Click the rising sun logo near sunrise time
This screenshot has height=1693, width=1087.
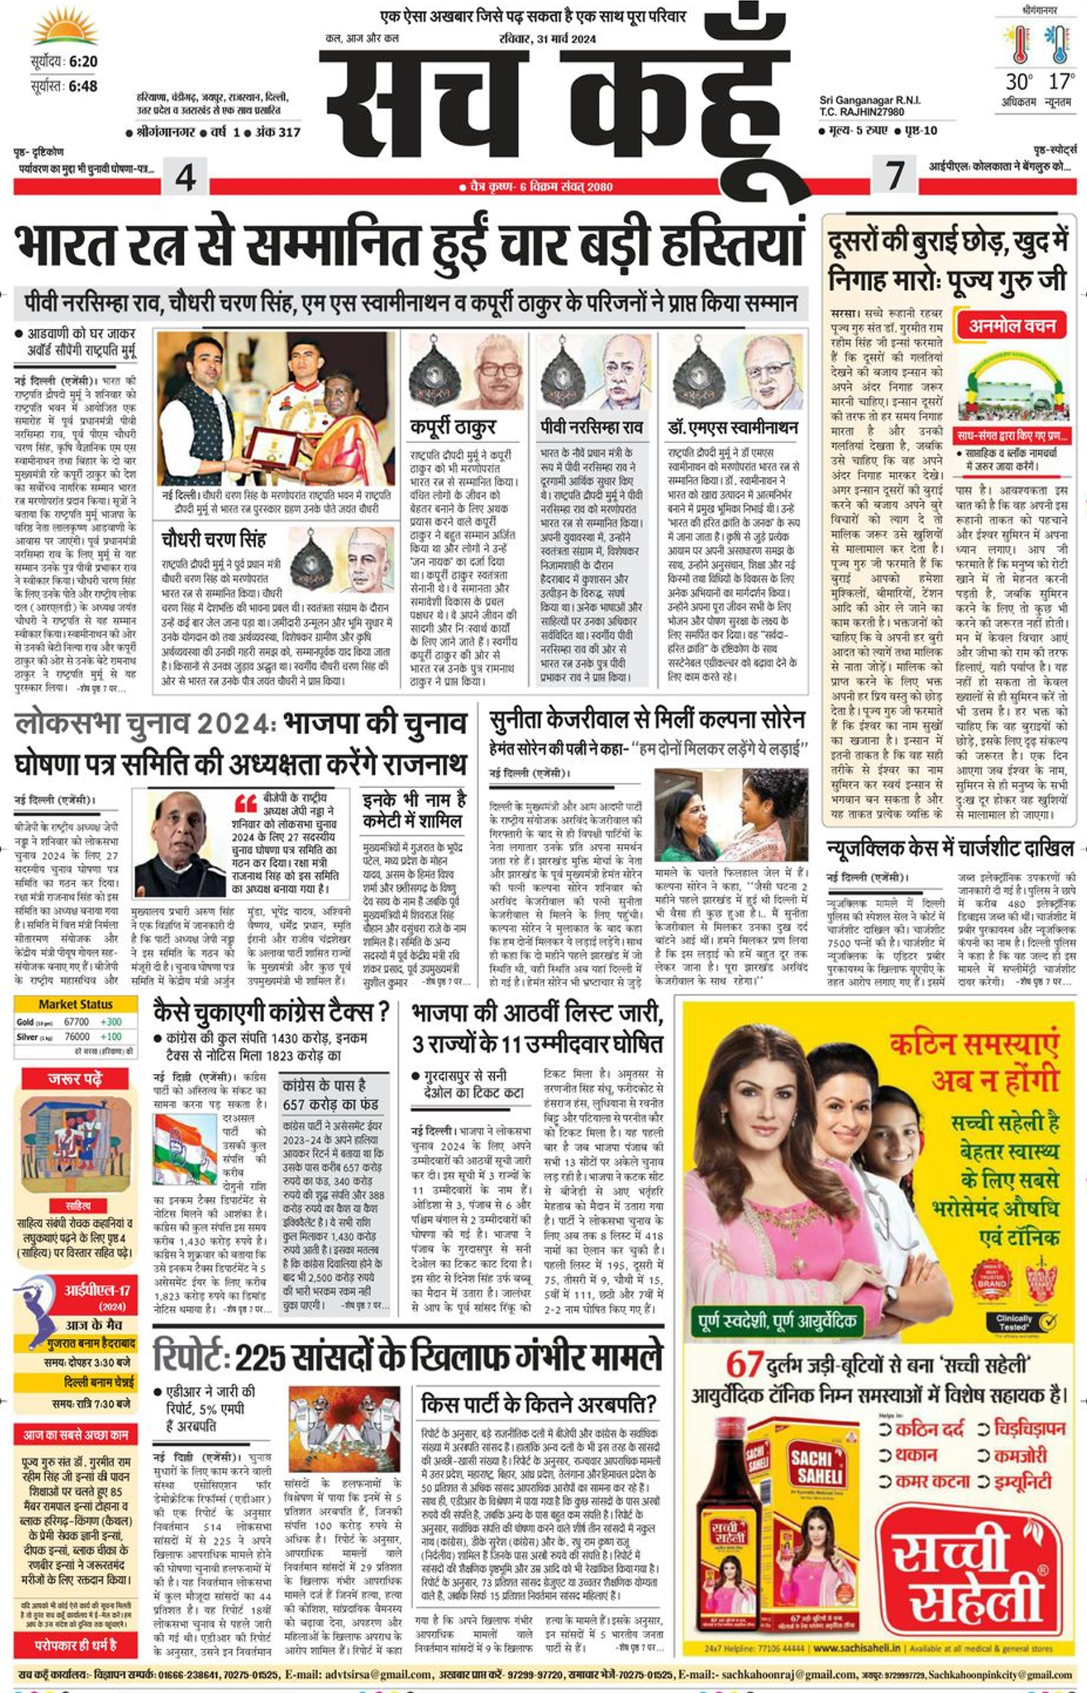pyautogui.click(x=65, y=27)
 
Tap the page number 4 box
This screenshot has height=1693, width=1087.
pyautogui.click(x=185, y=176)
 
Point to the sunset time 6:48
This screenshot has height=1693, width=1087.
pyautogui.click(x=83, y=86)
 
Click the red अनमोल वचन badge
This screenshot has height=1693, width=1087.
pyautogui.click(x=1012, y=326)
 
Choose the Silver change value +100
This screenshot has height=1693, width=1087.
pyautogui.click(x=111, y=1036)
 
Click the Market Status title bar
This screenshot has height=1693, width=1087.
pyautogui.click(x=75, y=1004)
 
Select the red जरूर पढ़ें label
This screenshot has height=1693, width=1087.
pyautogui.click(x=75, y=1079)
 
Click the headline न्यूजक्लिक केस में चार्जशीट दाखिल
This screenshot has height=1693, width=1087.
pyautogui.click(x=949, y=848)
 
